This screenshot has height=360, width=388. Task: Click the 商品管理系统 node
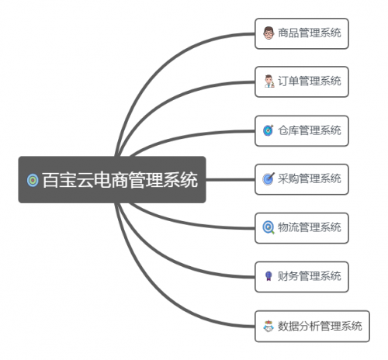pyautogui.click(x=302, y=33)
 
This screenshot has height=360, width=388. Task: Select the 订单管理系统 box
pyautogui.click(x=302, y=81)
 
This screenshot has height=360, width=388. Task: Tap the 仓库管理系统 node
pyautogui.click(x=302, y=131)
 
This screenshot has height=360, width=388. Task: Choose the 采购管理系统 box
pyautogui.click(x=302, y=179)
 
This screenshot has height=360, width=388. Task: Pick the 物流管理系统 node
pyautogui.click(x=302, y=228)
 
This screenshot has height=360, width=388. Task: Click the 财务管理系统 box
pyautogui.click(x=302, y=277)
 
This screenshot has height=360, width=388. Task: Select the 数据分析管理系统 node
pyautogui.click(x=312, y=326)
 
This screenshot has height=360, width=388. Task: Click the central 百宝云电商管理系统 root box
pyautogui.click(x=112, y=179)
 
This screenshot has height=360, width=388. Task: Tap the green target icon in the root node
pyautogui.click(x=33, y=180)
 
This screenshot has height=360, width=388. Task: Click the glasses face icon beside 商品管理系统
pyautogui.click(x=268, y=33)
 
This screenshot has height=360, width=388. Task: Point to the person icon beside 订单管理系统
pyautogui.click(x=269, y=81)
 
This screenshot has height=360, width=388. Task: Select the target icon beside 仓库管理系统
pyautogui.click(x=268, y=130)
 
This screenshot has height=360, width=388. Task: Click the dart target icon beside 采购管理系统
pyautogui.click(x=268, y=178)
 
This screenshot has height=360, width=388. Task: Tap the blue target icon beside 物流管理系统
pyautogui.click(x=268, y=227)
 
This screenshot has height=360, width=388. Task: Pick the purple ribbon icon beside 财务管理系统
pyautogui.click(x=268, y=275)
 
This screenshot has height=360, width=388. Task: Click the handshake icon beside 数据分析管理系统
pyautogui.click(x=268, y=326)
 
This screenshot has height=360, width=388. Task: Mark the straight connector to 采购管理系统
pyautogui.click(x=230, y=179)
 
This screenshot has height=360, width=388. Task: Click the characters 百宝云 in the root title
pyautogui.click(x=68, y=180)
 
